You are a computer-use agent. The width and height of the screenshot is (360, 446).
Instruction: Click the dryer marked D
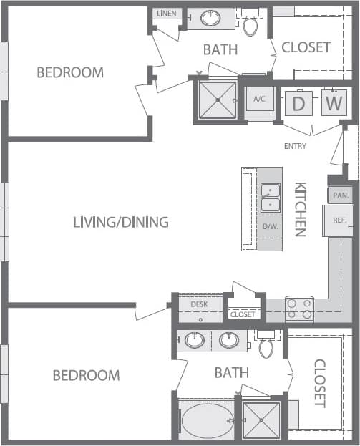(x=299, y=104)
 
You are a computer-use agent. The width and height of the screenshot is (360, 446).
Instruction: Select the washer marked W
(x=332, y=103)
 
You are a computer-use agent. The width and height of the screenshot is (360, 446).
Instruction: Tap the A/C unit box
(x=259, y=100)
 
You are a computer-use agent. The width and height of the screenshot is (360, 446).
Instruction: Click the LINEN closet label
(x=166, y=14)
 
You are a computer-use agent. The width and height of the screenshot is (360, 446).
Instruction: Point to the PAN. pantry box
(x=340, y=195)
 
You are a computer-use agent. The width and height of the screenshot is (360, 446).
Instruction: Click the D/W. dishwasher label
(x=271, y=227)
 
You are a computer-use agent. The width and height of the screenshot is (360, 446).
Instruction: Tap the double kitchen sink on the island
(x=271, y=198)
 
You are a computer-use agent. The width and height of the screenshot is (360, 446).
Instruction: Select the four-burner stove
(x=299, y=309)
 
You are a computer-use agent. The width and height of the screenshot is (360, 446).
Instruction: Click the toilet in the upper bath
(x=250, y=26)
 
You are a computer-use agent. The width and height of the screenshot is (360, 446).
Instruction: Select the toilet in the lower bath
(x=266, y=348)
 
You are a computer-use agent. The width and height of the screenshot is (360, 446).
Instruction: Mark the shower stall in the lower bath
(x=261, y=421)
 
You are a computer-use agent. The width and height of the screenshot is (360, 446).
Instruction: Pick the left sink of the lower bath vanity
(x=195, y=340)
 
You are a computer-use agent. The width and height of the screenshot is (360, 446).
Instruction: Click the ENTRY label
(x=295, y=146)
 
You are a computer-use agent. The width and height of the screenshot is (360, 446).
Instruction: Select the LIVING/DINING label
(x=121, y=222)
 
